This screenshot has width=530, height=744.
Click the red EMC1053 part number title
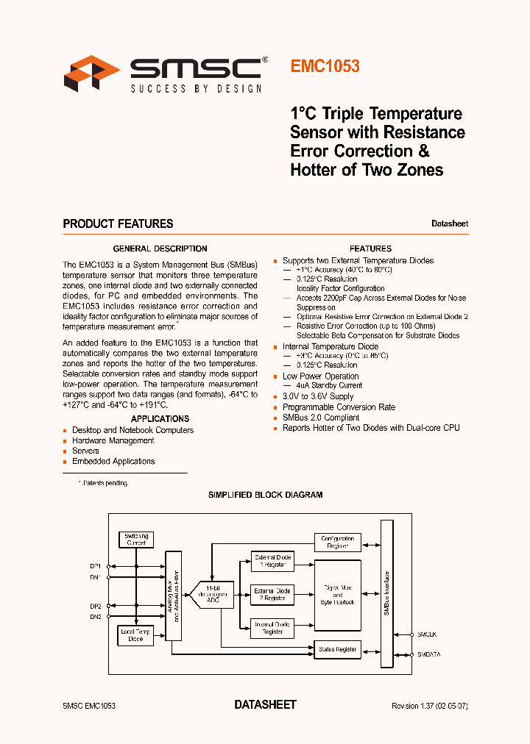coord(325,66)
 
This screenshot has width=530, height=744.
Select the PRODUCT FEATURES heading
coord(118,223)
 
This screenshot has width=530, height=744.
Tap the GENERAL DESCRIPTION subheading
coord(160,248)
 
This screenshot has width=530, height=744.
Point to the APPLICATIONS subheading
coord(160,418)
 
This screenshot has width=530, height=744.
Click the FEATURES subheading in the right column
coord(370,248)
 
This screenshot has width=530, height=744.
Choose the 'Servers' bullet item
coord(85,451)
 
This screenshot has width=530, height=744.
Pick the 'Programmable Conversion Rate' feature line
coord(339,407)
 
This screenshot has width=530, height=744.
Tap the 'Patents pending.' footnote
coord(105,483)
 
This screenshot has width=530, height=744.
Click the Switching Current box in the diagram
coord(136,539)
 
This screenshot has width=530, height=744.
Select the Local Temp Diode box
coord(136,635)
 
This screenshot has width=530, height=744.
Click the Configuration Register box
coord(338,542)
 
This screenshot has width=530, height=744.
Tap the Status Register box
coord(338,649)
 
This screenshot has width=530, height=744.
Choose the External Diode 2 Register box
coord(272,594)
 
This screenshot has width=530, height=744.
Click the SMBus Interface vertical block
coord(387,593)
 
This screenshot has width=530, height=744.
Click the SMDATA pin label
coord(429,654)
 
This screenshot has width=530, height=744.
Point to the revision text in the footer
coord(430,706)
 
